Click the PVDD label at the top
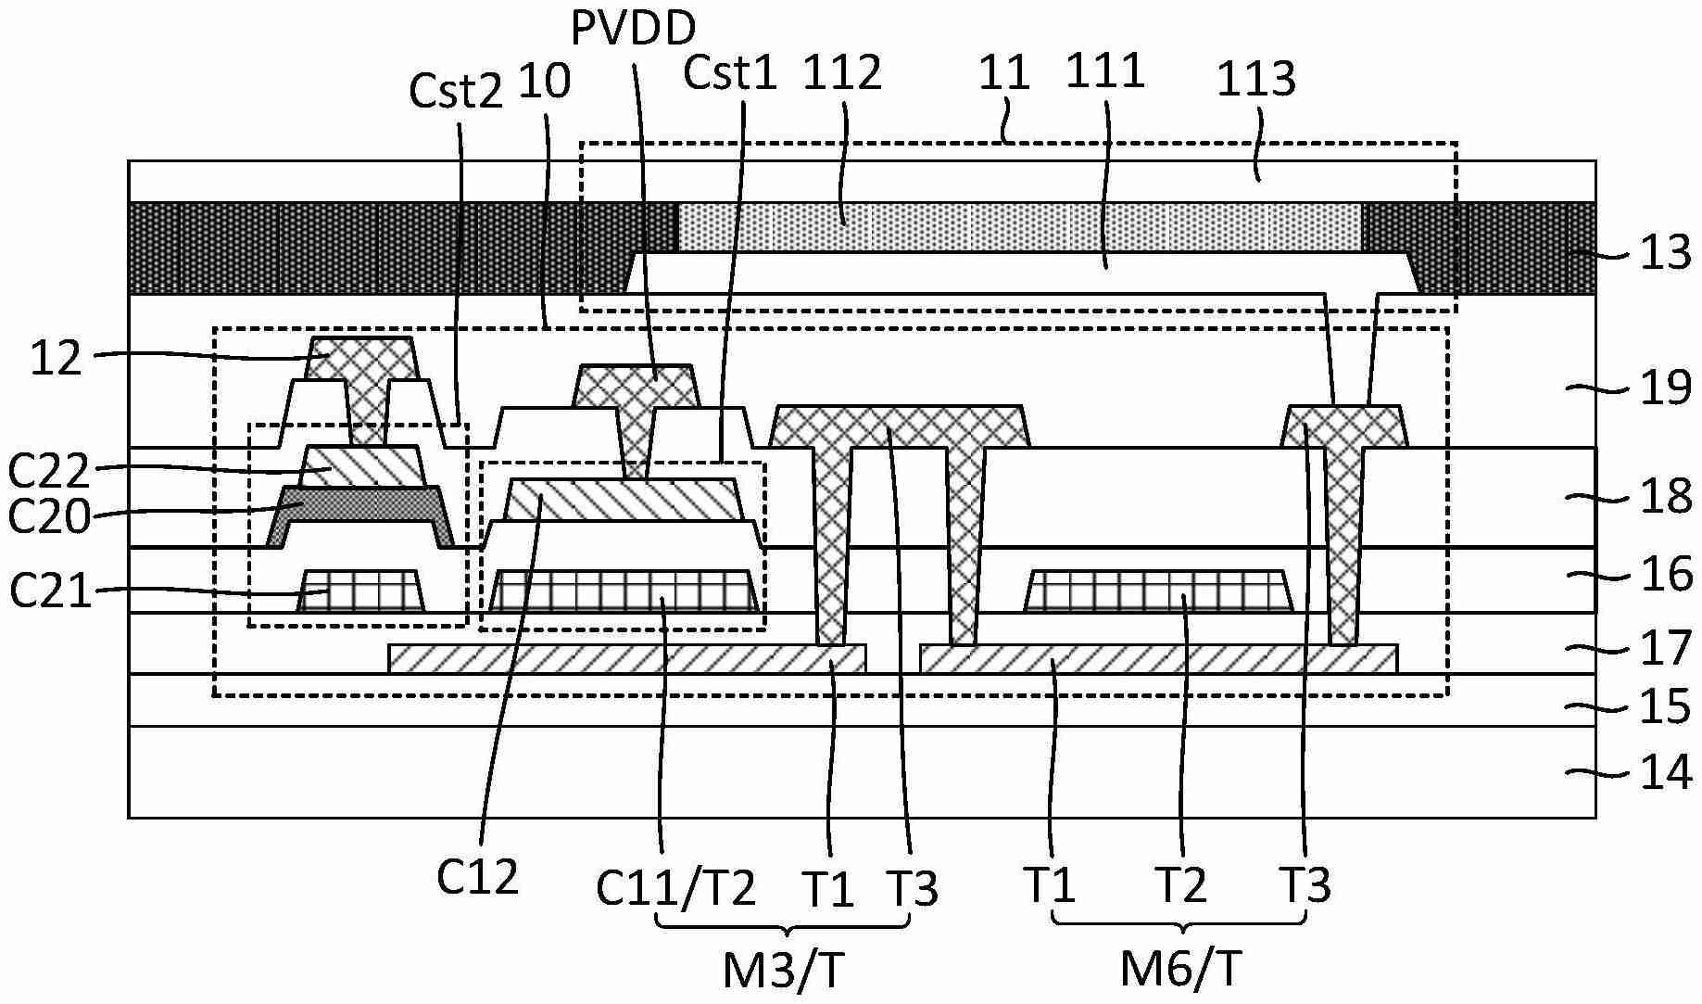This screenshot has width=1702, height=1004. pyautogui.click(x=633, y=28)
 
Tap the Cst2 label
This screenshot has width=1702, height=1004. pyautogui.click(x=456, y=91)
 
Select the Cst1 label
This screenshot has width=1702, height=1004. pyautogui.click(x=729, y=72)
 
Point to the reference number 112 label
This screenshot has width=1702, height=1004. pyautogui.click(x=842, y=72)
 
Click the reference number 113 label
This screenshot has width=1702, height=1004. pyautogui.click(x=1255, y=79)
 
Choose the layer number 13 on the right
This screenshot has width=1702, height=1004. pyautogui.click(x=1665, y=252)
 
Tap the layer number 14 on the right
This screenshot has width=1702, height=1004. pyautogui.click(x=1665, y=772)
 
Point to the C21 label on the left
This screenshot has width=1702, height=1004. pyautogui.click(x=51, y=591)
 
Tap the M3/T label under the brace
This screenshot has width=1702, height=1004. pyautogui.click(x=784, y=972)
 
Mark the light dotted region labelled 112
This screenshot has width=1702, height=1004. pyautogui.click(x=1019, y=226)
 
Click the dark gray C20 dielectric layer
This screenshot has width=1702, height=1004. pyautogui.click(x=361, y=504)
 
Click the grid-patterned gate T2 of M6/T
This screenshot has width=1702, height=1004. pyautogui.click(x=1158, y=590)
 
